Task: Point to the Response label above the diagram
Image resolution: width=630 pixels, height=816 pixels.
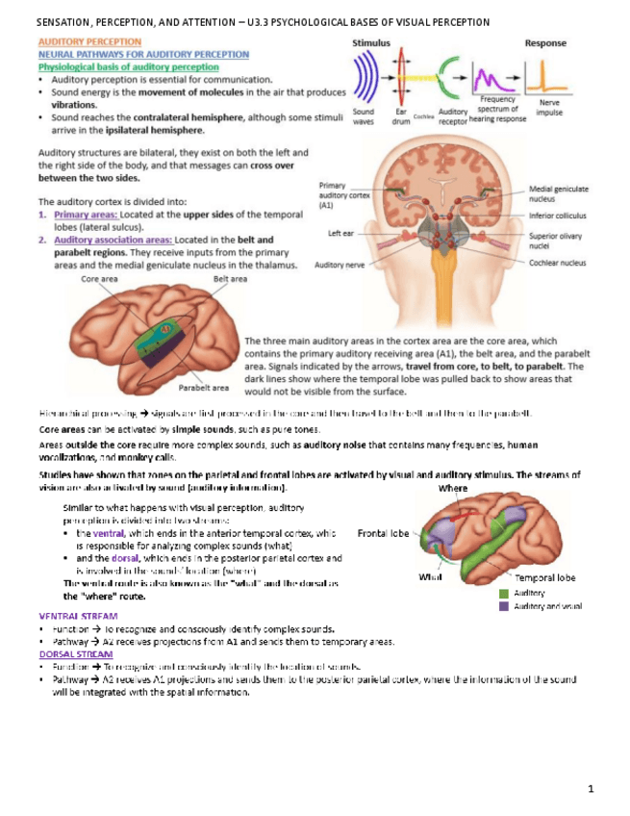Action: (544, 43)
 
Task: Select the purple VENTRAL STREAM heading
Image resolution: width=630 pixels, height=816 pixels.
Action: (78, 615)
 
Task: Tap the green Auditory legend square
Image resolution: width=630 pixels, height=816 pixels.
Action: (503, 594)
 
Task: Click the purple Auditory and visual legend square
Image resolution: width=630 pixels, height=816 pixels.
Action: (503, 606)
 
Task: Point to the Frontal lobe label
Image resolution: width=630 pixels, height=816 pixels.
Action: (384, 531)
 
